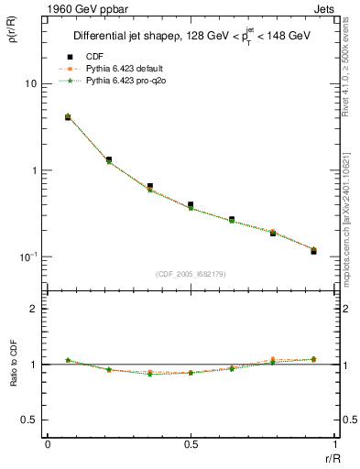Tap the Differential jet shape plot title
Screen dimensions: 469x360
pyautogui.click(x=190, y=37)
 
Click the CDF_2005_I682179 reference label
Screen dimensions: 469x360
pyautogui.click(x=190, y=273)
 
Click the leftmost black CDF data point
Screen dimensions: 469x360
pyautogui.click(x=69, y=117)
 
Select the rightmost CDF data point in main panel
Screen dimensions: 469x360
pyautogui.click(x=313, y=251)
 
